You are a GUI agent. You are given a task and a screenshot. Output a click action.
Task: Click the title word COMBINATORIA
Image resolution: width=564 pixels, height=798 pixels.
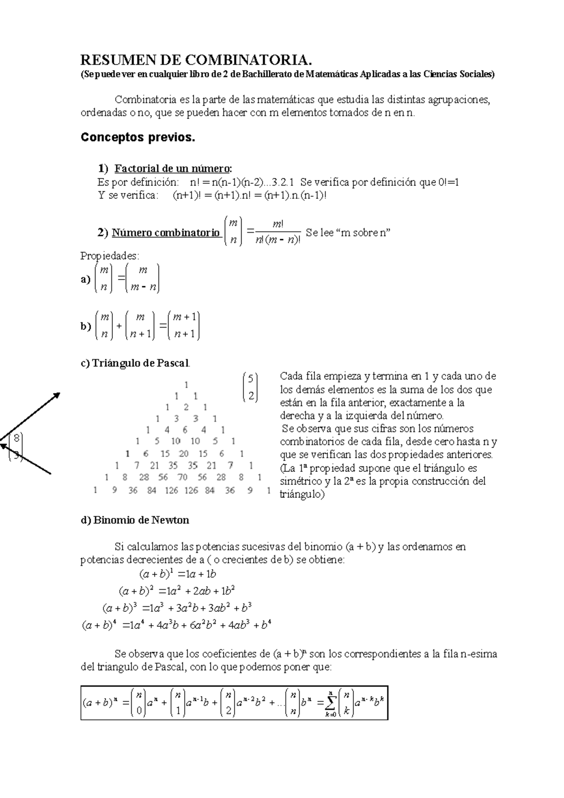click(249, 61)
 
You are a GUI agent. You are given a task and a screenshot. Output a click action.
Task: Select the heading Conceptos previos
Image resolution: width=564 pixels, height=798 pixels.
click(138, 138)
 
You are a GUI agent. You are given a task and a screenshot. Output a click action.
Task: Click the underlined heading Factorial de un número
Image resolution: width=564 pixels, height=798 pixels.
click(173, 168)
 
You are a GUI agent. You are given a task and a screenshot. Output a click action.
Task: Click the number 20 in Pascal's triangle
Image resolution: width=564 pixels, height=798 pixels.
click(184, 454)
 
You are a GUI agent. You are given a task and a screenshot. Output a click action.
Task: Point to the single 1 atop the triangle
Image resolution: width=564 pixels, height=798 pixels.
click(187, 384)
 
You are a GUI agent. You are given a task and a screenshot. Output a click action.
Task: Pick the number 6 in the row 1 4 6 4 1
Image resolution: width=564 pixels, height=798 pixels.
click(185, 430)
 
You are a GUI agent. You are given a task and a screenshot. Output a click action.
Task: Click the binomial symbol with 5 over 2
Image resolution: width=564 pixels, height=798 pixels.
click(251, 387)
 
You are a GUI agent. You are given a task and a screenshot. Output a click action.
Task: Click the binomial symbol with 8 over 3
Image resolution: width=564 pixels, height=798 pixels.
click(16, 447)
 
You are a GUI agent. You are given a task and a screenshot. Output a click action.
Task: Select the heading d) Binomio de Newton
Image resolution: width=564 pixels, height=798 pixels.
click(135, 520)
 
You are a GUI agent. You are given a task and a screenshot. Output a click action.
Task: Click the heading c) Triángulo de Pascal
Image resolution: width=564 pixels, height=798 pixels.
click(135, 363)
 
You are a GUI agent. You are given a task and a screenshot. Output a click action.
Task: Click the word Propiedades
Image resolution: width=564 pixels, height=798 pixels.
click(110, 256)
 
